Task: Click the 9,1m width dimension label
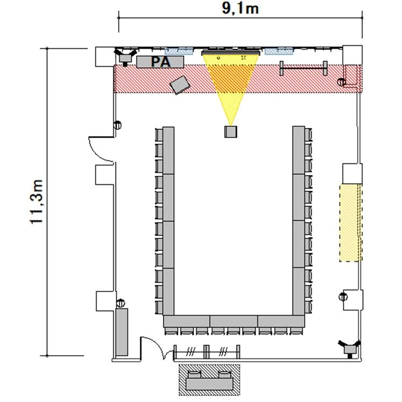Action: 240,9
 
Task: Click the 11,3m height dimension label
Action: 36,202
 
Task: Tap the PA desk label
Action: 161,62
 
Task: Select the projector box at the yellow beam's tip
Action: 231,132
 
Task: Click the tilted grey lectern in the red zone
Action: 180,85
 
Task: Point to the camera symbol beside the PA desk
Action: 125,58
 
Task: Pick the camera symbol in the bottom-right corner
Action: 349,348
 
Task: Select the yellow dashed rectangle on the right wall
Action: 350,222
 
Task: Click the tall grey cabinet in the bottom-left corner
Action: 121,332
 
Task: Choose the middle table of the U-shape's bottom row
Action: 234,321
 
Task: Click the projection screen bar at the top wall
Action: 231,53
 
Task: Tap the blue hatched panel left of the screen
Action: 178,51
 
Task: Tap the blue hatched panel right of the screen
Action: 279,51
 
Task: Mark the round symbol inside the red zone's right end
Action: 341,82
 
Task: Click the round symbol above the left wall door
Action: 118,125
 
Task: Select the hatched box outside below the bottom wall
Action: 210,380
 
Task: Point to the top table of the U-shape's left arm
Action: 168,150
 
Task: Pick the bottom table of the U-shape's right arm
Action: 299,291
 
